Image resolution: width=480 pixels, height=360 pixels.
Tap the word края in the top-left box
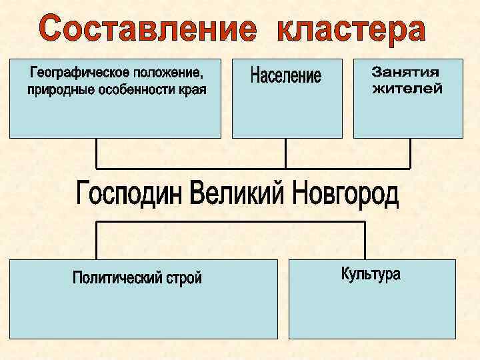point(191,89)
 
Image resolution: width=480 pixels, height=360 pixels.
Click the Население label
point(286,75)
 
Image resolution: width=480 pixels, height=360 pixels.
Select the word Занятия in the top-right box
point(406,71)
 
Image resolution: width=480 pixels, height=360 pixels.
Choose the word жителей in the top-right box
point(407,88)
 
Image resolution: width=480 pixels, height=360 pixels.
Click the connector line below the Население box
point(285,153)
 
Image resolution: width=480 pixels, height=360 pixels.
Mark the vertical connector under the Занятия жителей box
point(409,153)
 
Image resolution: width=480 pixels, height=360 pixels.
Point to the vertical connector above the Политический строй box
point(97,241)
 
